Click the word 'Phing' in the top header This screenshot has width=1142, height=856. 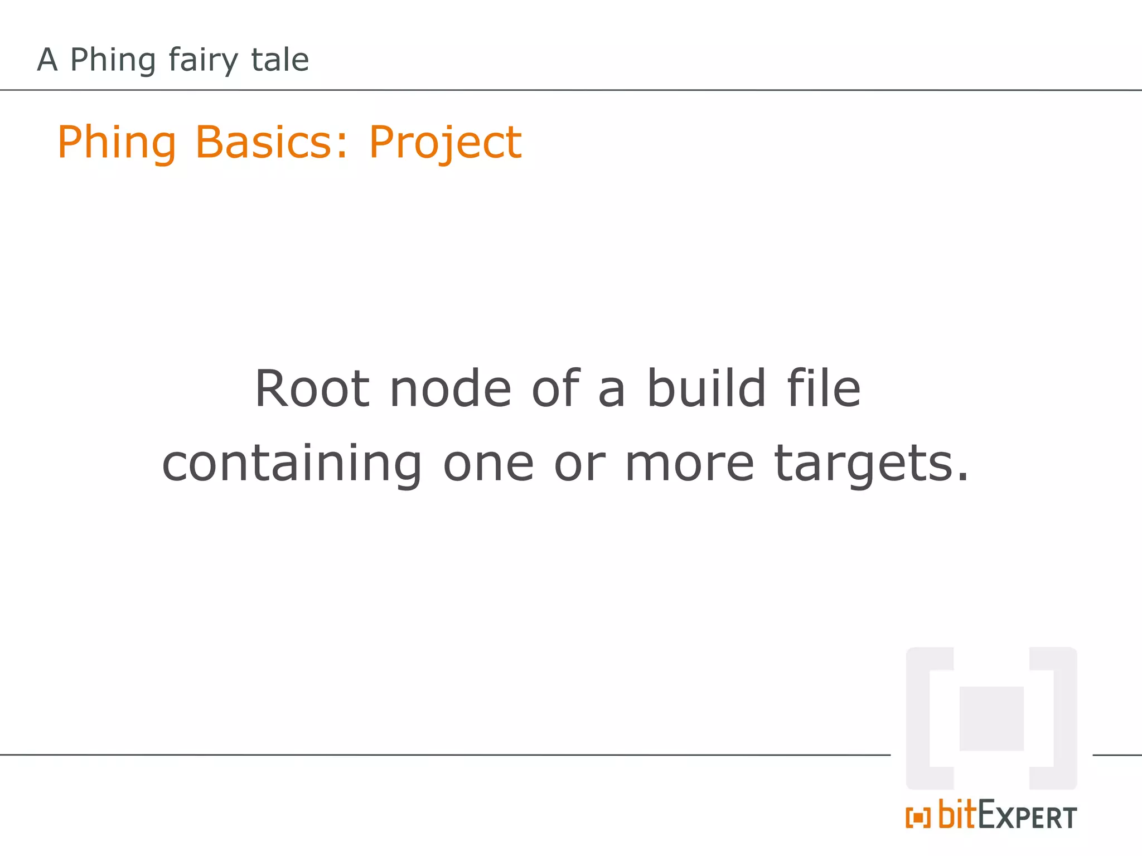point(113,60)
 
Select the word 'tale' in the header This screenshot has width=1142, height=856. point(280,60)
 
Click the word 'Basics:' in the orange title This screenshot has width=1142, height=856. point(272,142)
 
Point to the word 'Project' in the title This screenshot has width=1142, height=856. point(445,143)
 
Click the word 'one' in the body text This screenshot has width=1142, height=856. point(488,465)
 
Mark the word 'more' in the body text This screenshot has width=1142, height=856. point(690,465)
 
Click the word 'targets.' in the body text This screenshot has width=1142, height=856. point(872,465)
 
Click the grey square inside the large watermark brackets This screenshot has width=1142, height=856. point(991,718)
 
